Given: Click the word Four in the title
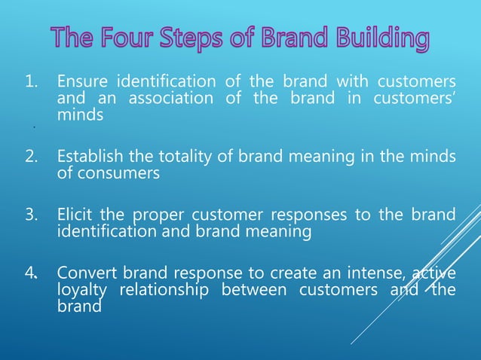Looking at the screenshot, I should [137, 38].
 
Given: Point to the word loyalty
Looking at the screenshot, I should [82, 290].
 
